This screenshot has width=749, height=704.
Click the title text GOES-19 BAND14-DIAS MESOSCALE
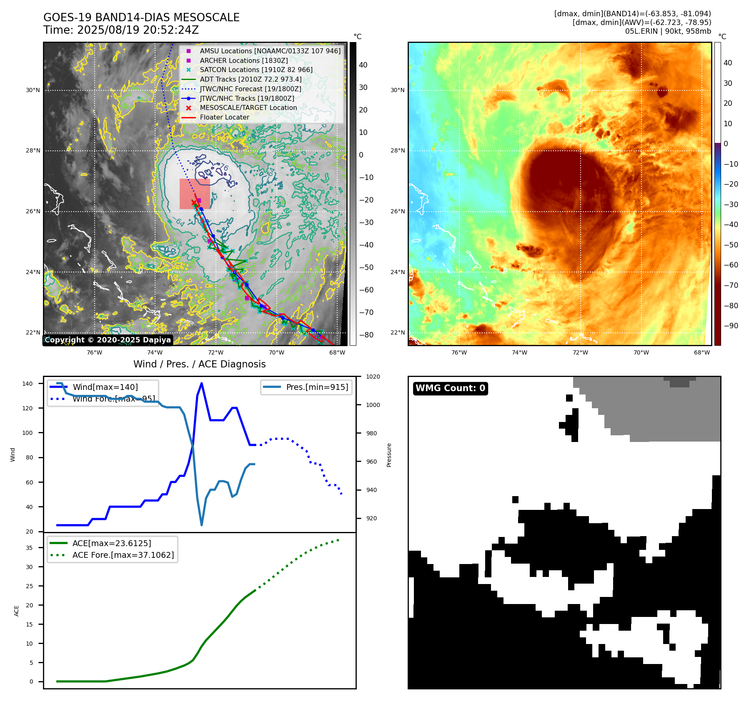(x=141, y=17)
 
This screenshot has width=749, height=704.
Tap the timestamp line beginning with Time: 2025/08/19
(x=121, y=30)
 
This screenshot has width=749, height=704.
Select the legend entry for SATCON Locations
(x=256, y=70)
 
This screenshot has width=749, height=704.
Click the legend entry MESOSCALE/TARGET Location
(x=248, y=107)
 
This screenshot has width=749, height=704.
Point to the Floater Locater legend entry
(x=224, y=117)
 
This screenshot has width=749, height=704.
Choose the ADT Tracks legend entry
(x=251, y=79)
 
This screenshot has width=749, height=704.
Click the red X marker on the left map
(x=194, y=202)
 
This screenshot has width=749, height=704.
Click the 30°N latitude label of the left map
(x=33, y=90)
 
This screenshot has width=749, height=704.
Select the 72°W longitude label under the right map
(x=580, y=352)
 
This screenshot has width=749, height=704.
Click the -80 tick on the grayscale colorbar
(x=366, y=335)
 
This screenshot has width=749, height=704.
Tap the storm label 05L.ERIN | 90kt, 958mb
(x=668, y=31)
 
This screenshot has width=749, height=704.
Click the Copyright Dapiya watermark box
(x=108, y=340)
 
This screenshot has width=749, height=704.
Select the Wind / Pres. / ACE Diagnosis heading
(x=199, y=364)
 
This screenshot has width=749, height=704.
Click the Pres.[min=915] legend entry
(x=317, y=387)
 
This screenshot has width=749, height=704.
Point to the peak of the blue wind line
(x=202, y=383)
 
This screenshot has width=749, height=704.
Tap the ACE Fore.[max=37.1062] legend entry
(x=123, y=555)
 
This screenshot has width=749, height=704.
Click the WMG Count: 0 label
(x=450, y=388)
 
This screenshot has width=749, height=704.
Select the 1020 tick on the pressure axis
(x=373, y=377)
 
